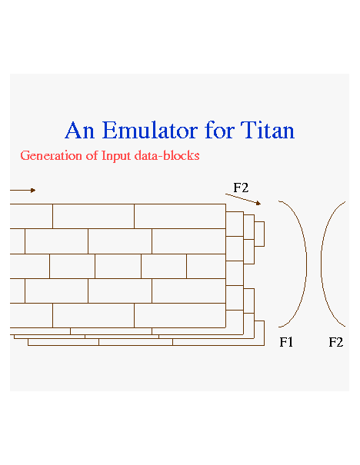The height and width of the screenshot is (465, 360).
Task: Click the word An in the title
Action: (x=79, y=130)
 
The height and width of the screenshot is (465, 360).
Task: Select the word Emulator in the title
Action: (x=150, y=130)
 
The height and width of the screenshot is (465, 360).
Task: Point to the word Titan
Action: (x=268, y=130)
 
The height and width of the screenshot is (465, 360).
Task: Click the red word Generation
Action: (x=51, y=156)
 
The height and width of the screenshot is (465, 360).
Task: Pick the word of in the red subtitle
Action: (x=92, y=155)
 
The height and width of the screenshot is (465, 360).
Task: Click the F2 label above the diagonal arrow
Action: (x=241, y=188)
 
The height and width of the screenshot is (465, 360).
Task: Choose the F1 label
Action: (x=286, y=342)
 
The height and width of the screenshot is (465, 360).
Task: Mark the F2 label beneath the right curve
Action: (x=335, y=342)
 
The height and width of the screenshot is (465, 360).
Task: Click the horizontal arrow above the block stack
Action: (x=23, y=190)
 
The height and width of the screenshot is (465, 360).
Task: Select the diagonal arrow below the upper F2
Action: (x=243, y=199)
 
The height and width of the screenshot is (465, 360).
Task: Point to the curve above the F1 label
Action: (x=306, y=264)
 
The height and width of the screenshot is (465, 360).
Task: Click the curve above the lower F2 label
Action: (x=321, y=264)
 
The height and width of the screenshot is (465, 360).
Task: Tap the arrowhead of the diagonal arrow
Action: (x=258, y=203)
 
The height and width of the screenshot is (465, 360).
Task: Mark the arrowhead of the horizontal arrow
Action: (x=34, y=190)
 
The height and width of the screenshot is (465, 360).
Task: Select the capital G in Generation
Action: (x=25, y=156)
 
